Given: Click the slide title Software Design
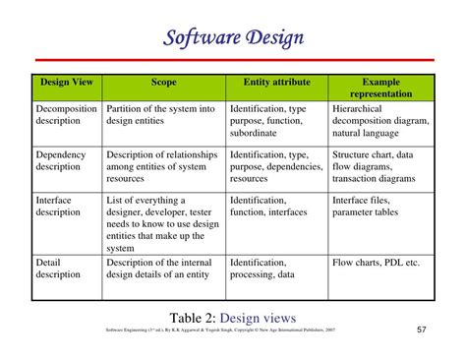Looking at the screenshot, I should point(233,39).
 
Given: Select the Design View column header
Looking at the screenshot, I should point(66,82).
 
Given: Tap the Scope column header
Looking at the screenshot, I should point(163,82).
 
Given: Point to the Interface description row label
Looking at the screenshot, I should point(59,206).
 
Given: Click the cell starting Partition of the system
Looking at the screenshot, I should point(159,115).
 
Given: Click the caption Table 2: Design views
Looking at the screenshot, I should point(233,316).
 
